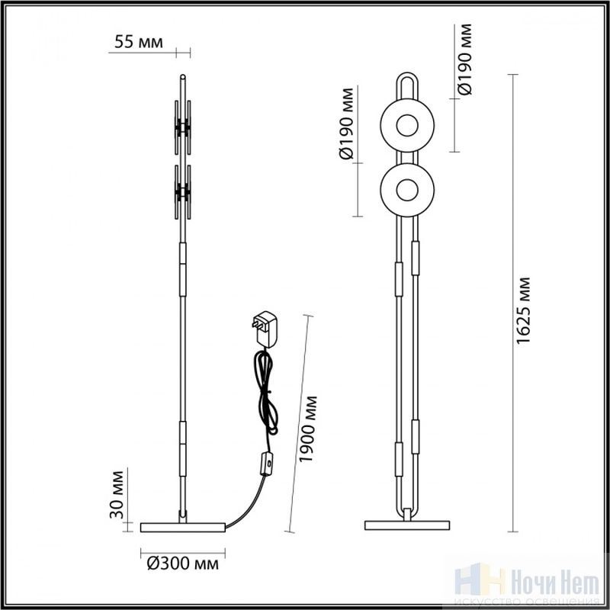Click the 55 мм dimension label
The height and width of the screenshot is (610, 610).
point(139,42)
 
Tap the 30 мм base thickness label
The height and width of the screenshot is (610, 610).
point(117,495)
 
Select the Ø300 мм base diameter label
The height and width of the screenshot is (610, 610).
point(183,563)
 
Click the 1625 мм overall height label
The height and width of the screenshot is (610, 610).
point(523,311)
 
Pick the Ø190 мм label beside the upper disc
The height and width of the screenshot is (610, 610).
point(464,59)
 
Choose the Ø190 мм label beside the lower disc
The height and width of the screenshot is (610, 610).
point(346,124)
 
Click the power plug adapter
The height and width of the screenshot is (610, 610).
point(265,329)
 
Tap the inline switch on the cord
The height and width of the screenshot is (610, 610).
point(267,464)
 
